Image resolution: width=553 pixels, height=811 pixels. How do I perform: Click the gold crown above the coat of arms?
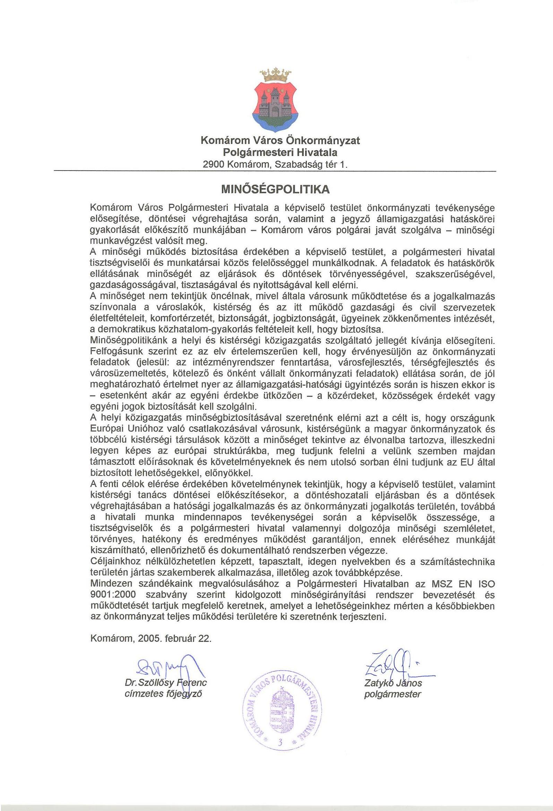(276, 74)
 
